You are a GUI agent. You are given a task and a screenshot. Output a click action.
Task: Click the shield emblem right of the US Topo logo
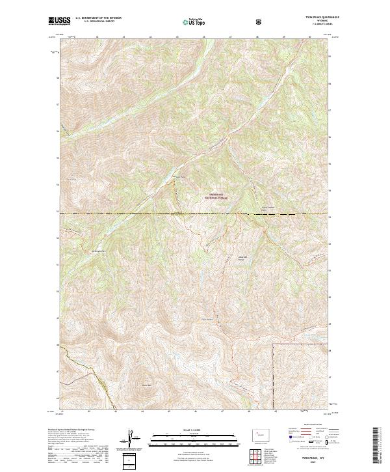pos(259,21)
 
